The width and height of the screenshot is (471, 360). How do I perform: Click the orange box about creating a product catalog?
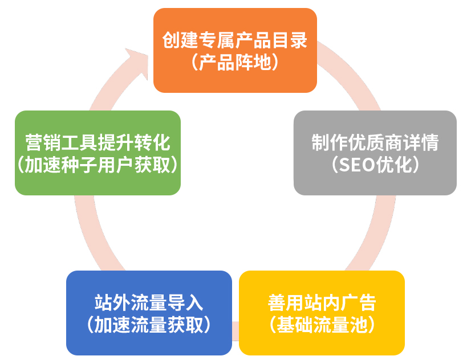click(x=235, y=50)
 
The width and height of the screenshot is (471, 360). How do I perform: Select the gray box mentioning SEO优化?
click(x=375, y=153)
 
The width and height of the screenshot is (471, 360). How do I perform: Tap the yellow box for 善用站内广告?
click(x=322, y=313)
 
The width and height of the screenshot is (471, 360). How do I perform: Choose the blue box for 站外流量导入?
click(x=149, y=313)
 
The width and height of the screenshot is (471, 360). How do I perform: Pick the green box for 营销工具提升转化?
click(x=98, y=153)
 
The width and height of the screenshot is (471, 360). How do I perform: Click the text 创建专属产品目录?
click(x=235, y=40)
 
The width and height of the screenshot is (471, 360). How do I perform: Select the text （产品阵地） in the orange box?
click(x=235, y=63)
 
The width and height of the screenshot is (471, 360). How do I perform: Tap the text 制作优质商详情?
click(x=375, y=142)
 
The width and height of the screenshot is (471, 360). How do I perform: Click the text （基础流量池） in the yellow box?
click(x=322, y=325)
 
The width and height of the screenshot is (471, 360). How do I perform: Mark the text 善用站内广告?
click(x=322, y=302)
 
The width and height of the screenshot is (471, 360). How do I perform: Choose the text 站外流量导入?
click(x=149, y=302)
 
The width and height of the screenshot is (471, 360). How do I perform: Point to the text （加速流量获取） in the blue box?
click(x=149, y=325)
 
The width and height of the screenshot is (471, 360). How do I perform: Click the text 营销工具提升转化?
click(x=98, y=142)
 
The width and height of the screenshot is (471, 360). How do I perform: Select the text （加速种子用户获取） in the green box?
click(x=98, y=165)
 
